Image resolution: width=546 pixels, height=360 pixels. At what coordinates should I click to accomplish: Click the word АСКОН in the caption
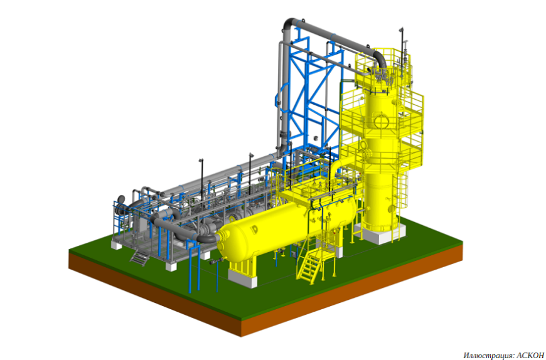click(530, 355)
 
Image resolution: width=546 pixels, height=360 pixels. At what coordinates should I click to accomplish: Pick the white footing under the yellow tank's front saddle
click(243, 278)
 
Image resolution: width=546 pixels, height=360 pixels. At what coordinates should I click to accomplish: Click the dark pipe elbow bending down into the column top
click(380, 59)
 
